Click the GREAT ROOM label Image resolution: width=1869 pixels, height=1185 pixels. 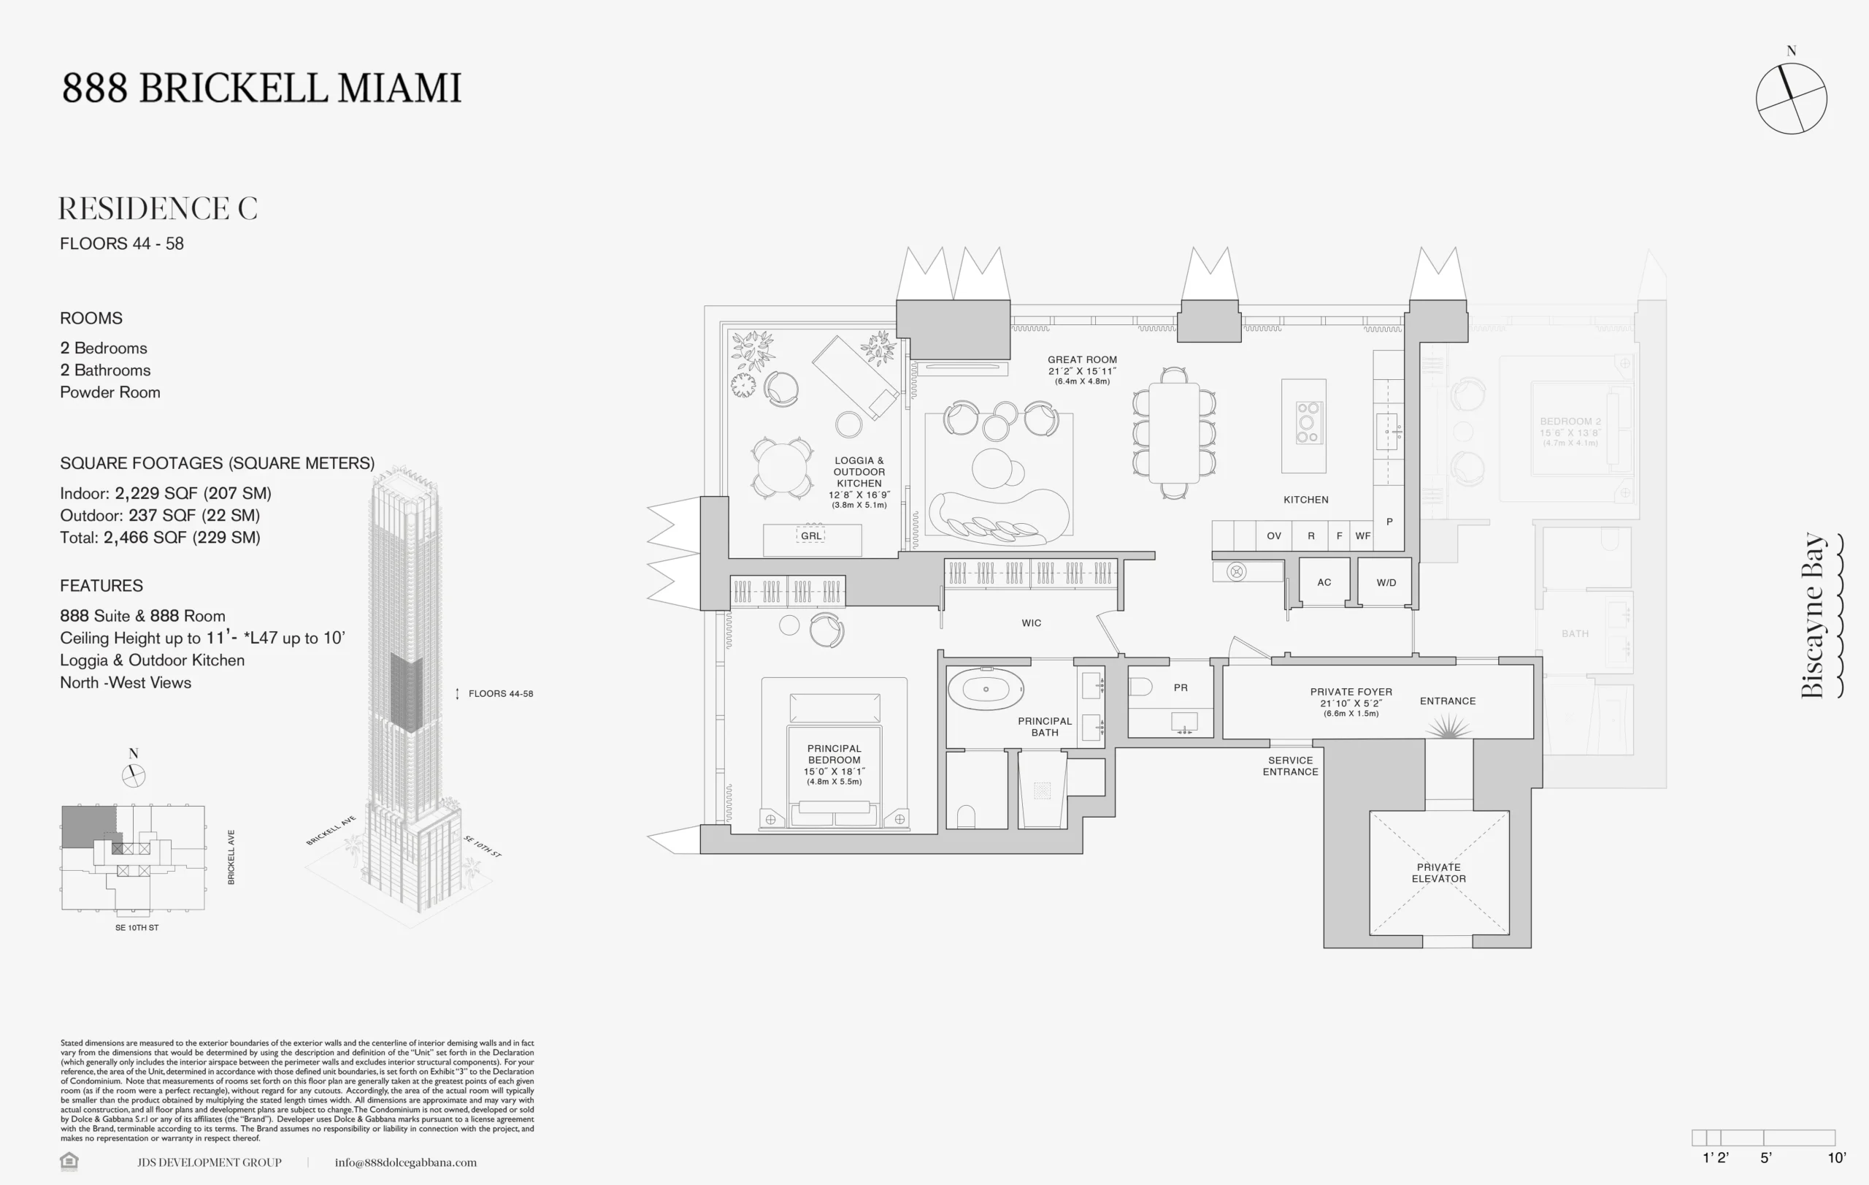1082,360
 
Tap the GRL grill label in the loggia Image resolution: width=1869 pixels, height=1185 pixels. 811,536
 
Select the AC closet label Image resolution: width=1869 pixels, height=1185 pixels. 1324,582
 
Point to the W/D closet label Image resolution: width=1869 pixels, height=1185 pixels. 1386,582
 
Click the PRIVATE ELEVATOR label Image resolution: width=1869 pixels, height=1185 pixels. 1438,873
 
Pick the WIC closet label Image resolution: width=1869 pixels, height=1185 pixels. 1032,622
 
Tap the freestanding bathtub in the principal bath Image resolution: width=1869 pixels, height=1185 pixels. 986,689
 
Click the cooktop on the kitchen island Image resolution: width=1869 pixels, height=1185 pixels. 1307,423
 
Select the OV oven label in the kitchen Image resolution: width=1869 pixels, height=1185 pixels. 1274,536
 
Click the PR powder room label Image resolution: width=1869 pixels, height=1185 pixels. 1181,688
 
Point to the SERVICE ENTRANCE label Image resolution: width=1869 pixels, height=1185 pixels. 1290,766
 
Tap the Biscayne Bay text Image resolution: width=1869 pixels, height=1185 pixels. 1813,615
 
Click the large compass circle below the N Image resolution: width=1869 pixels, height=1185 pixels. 1792,99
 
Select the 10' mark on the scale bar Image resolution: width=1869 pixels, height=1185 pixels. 1836,1158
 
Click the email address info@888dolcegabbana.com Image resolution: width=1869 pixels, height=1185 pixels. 406,1162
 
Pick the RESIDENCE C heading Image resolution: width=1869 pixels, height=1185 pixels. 158,208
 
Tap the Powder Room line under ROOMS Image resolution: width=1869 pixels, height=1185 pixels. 110,392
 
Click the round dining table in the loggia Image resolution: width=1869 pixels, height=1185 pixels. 783,468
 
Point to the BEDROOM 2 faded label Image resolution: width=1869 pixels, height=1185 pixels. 1570,422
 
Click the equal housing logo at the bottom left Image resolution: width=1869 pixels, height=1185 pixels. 69,1161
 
